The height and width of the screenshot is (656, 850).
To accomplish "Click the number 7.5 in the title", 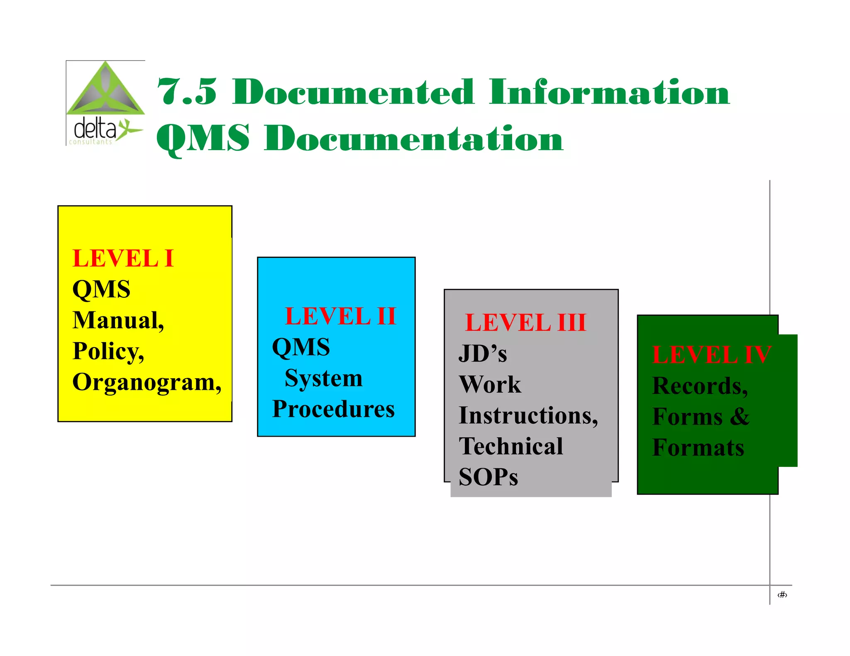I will click(x=187, y=92).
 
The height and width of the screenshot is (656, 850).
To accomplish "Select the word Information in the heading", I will click(x=609, y=92).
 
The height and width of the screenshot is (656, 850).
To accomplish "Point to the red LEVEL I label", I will click(x=123, y=258).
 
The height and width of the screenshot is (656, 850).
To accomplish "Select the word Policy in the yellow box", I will click(x=108, y=352).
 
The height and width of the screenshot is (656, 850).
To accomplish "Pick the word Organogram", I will click(x=147, y=382).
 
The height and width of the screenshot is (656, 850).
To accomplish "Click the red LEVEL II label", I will click(x=340, y=316).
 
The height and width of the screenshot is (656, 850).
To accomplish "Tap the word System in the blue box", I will click(x=323, y=378).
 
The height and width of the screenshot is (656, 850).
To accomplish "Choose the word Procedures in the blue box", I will click(x=333, y=409).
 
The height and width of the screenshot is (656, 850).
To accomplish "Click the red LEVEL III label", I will click(x=525, y=323).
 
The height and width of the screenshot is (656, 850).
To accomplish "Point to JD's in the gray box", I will click(x=483, y=354).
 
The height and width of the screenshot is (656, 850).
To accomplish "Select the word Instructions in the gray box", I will click(x=528, y=415).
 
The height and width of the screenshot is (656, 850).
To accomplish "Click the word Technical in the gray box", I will click(x=511, y=447).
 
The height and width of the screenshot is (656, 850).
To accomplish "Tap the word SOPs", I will click(x=489, y=477).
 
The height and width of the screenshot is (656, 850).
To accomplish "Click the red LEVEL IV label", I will click(x=711, y=355).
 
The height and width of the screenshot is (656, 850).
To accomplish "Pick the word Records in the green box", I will click(x=700, y=386).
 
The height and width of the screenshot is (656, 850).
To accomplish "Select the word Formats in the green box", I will click(x=698, y=448).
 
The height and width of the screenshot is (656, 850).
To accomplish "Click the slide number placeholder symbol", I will click(x=782, y=595).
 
